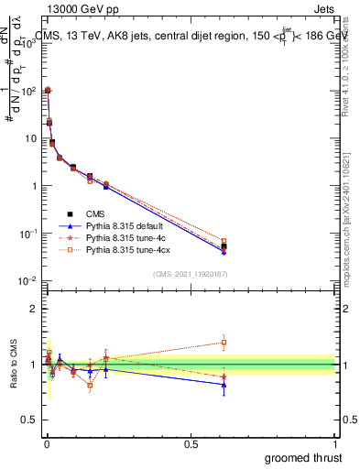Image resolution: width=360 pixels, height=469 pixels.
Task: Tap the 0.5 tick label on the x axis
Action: [191, 443]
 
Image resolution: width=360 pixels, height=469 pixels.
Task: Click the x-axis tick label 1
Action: [334, 443]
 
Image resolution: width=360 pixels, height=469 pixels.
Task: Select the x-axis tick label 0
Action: [46, 443]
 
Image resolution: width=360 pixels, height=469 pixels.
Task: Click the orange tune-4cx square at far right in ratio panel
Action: [224, 343]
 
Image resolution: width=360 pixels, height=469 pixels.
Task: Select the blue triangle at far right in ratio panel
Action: [224, 385]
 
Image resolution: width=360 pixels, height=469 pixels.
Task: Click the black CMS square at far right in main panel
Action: [224, 246]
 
